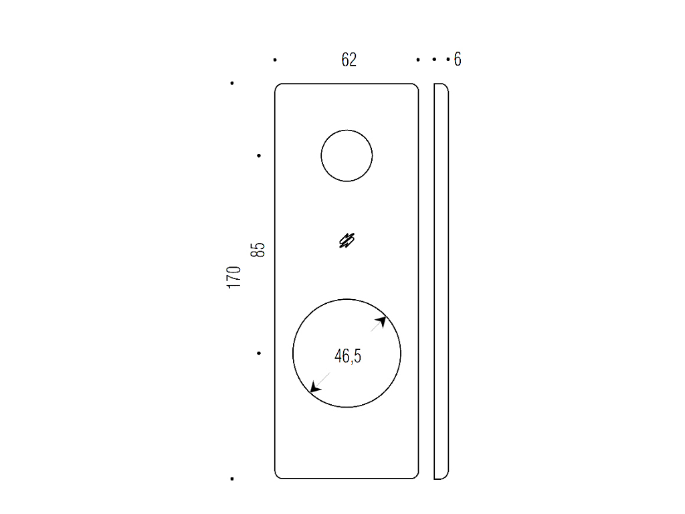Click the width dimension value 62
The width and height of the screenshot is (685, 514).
[349, 60]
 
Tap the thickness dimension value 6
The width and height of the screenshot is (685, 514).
[458, 60]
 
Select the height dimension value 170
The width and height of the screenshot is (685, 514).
[234, 277]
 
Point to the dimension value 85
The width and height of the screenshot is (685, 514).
[258, 250]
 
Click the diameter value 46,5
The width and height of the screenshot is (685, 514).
[348, 356]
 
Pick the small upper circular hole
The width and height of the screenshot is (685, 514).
[347, 131]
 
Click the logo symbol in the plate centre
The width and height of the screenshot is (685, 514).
[347, 240]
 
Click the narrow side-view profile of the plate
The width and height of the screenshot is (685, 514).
[442, 281]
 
